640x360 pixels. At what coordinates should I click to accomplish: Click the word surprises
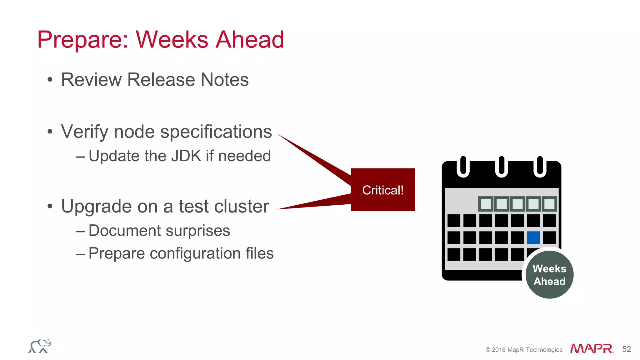(x=198, y=231)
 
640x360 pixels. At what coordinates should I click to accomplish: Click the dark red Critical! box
(x=383, y=190)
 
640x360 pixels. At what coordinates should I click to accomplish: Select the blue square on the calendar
(x=533, y=238)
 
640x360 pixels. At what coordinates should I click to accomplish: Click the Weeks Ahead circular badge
(x=549, y=275)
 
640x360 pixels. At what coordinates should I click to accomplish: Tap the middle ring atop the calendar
(x=502, y=167)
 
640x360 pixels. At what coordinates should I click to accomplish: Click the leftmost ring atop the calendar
(x=463, y=167)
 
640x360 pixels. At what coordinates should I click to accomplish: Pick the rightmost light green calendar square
(x=549, y=204)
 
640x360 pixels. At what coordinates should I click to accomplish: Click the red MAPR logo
(x=592, y=348)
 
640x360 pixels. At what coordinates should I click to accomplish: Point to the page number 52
(x=627, y=349)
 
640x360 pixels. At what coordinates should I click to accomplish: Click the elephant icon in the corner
(x=40, y=346)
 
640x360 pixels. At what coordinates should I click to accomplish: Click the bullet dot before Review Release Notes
(x=50, y=80)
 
